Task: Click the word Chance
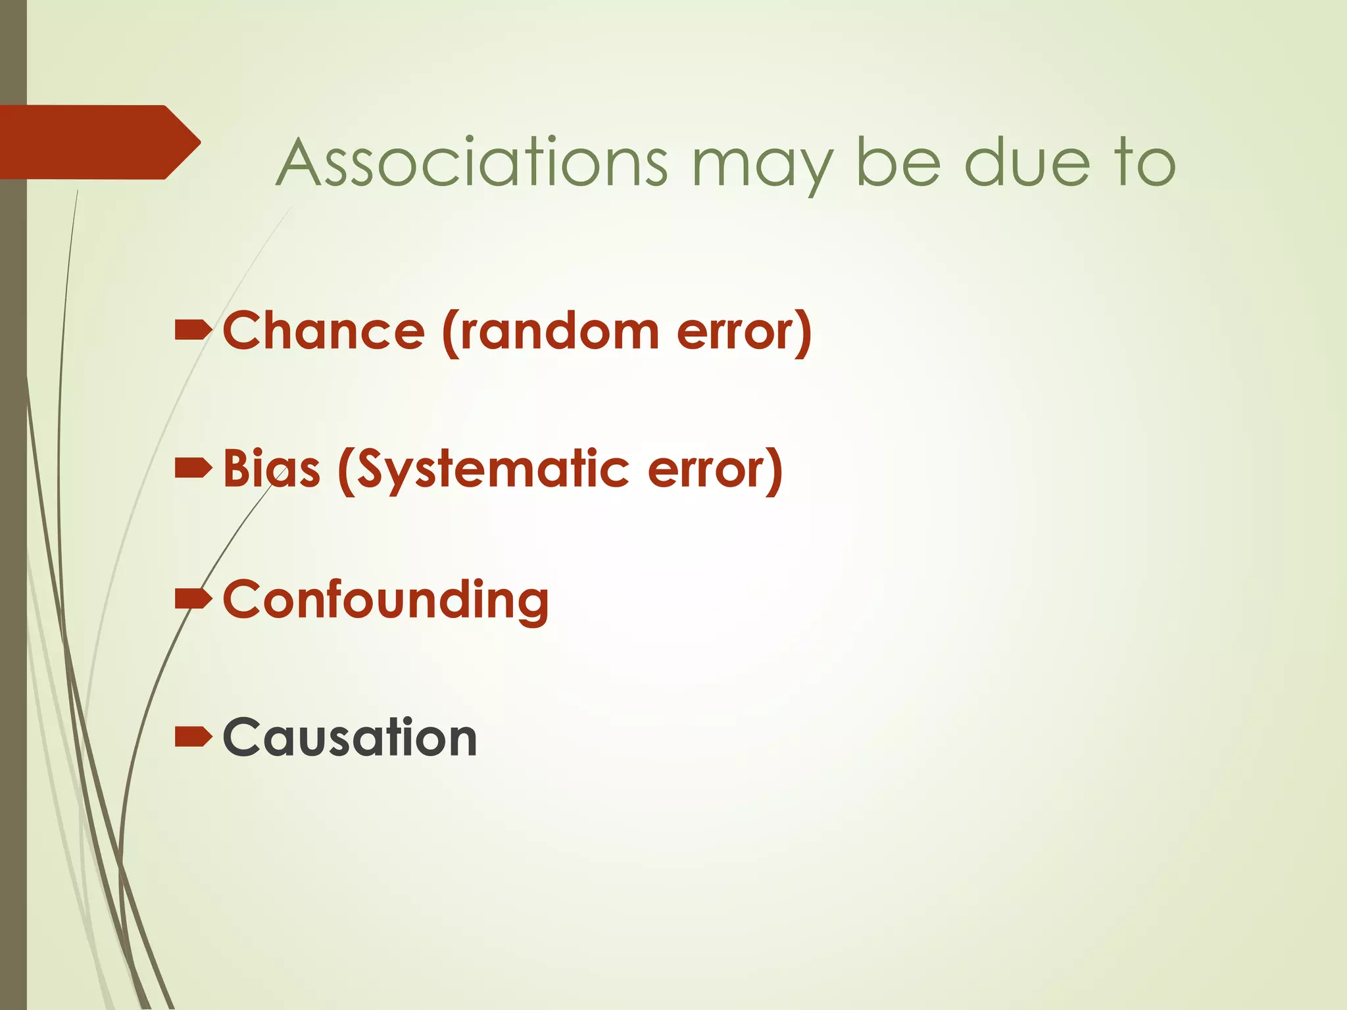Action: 324,330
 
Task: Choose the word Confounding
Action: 385,600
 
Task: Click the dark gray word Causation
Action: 349,737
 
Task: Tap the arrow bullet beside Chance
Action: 193,331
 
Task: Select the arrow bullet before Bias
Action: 193,469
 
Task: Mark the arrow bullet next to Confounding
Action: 193,599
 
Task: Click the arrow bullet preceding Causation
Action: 193,737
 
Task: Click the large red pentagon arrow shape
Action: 92,142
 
